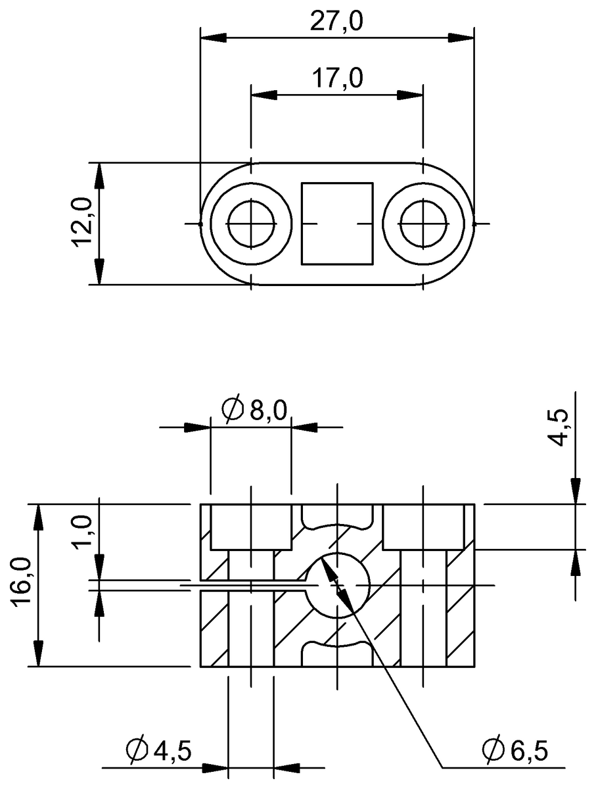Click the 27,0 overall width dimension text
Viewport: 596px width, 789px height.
pos(337,21)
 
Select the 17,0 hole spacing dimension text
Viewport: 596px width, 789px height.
pos(337,79)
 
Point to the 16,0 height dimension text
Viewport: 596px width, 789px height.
pos(21,585)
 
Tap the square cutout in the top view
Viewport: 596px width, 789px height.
pos(337,224)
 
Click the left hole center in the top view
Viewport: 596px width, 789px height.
pos(251,224)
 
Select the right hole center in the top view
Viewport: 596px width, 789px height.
pos(424,224)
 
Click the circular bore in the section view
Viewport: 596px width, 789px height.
pos(337,585)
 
